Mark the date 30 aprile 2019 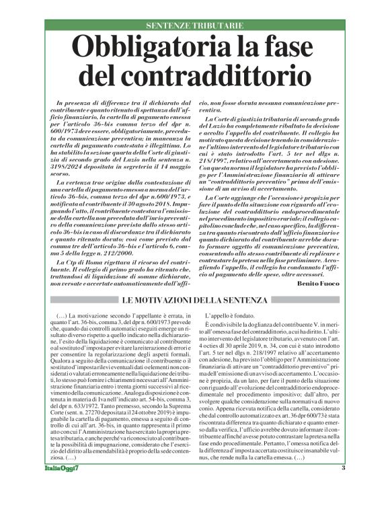coord(254,340)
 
